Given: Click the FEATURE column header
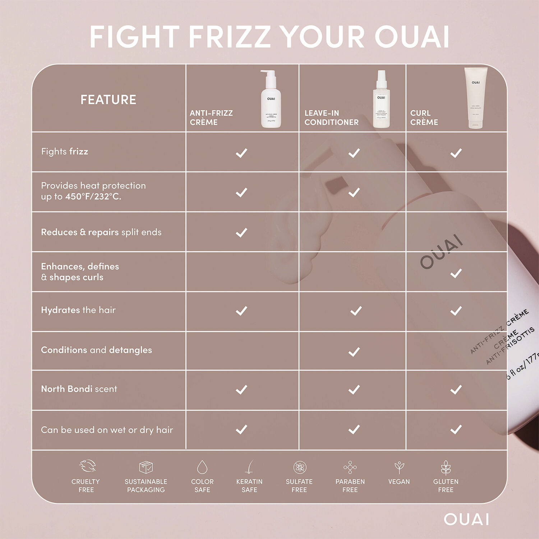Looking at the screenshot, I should click(108, 100).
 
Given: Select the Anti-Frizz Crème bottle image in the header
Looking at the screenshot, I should click(271, 99).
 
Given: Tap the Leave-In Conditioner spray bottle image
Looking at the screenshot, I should click(381, 99).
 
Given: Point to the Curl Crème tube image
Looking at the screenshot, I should click(475, 98).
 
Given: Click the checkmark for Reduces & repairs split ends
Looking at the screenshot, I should click(241, 232).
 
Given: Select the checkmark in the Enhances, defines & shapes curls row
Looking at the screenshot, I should click(456, 273).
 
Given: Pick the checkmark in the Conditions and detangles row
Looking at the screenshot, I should click(354, 352).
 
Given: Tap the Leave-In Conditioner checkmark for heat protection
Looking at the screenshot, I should click(354, 192).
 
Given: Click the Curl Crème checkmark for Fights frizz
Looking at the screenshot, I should click(456, 153).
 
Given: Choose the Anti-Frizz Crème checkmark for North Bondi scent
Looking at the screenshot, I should click(241, 390).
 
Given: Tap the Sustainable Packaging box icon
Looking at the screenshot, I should click(146, 467).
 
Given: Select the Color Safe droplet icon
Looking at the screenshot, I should click(202, 467).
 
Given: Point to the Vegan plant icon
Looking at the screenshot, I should click(399, 467).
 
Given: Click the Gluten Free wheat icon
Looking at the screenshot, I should click(446, 467).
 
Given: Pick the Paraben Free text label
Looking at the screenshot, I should click(350, 485).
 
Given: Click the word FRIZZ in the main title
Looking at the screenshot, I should click(230, 37).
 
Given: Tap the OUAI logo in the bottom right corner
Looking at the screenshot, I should click(466, 519).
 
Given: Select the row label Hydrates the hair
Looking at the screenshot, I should click(78, 310).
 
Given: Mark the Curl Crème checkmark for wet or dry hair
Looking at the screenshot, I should click(456, 429).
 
